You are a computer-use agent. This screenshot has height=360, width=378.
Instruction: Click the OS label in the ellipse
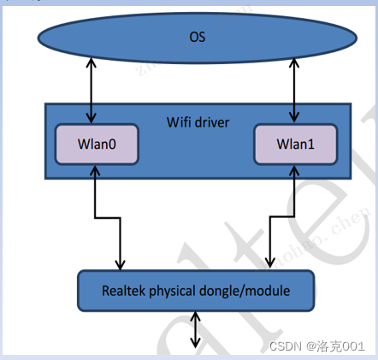tap(197, 38)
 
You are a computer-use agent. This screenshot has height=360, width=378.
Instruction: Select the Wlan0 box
tap(96, 145)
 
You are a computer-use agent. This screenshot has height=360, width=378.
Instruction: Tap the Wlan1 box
tap(295, 145)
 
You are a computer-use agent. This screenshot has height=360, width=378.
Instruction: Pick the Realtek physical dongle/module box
tap(196, 291)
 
